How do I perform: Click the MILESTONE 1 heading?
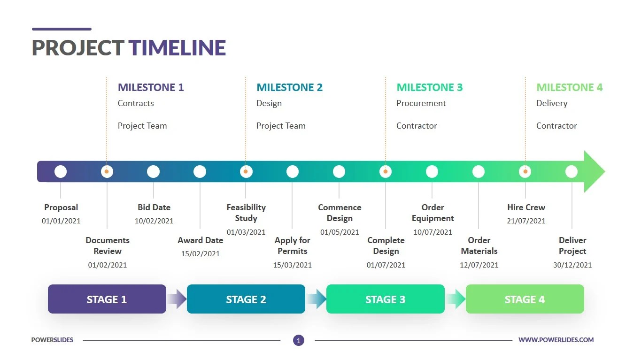(151, 87)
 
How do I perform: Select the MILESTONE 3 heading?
(429, 87)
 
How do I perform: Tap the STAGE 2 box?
(246, 299)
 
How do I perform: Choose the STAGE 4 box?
(525, 299)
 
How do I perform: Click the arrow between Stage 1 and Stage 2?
(177, 299)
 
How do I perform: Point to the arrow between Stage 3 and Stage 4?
(456, 299)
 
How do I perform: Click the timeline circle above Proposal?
(61, 172)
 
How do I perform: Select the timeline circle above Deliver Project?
(571, 172)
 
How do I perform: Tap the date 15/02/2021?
(201, 254)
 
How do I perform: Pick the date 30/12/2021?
(572, 265)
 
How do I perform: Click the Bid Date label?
(154, 207)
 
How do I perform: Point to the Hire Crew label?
(526, 207)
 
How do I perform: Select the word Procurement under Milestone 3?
(421, 103)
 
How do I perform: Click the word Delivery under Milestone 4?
(552, 103)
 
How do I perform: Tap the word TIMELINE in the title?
(178, 48)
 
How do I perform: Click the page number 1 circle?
(299, 340)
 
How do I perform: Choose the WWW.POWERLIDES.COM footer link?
(556, 340)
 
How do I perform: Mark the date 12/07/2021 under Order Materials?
(479, 265)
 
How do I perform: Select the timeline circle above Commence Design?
(339, 172)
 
